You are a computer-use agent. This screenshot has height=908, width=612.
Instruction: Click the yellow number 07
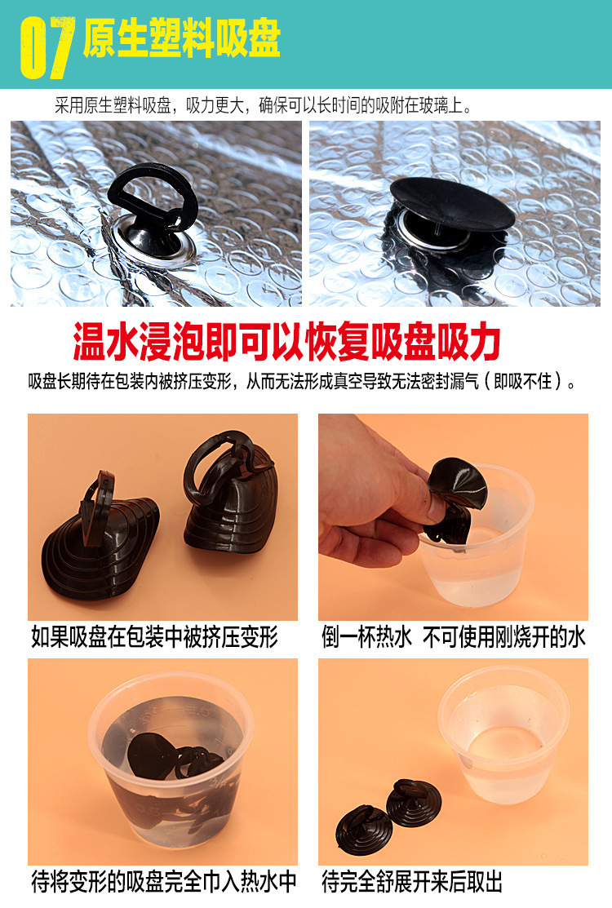[x=47, y=47]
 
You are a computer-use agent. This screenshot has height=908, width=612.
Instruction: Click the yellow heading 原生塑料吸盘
[x=182, y=38]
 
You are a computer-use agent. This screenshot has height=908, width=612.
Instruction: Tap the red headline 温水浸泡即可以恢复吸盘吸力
[x=286, y=342]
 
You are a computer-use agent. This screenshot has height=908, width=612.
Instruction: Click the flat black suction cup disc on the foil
[x=451, y=205]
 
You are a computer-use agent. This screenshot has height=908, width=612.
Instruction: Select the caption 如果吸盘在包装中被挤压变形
[x=154, y=637]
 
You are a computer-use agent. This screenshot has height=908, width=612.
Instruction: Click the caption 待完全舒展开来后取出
[x=411, y=882]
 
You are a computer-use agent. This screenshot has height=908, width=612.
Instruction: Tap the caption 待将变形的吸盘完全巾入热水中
[x=164, y=882]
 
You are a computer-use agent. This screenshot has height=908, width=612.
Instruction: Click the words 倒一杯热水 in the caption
[x=366, y=637]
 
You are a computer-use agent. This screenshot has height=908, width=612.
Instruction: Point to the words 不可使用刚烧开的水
[x=503, y=637]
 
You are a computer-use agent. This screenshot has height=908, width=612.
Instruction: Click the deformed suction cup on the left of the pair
[x=100, y=538]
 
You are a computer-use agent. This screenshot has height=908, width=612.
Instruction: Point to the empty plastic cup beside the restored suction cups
[x=503, y=735]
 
